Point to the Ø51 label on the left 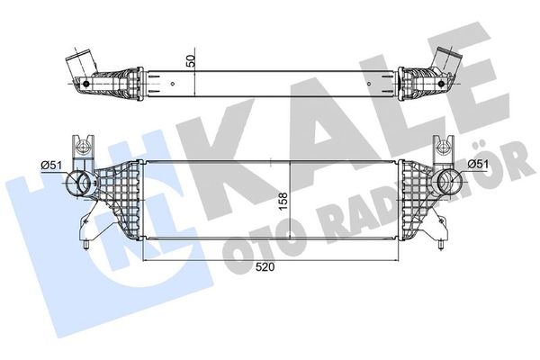pyautogui.click(x=51, y=163)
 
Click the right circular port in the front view pyautogui.click(x=445, y=186)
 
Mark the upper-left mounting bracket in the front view pyautogui.click(x=82, y=148)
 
